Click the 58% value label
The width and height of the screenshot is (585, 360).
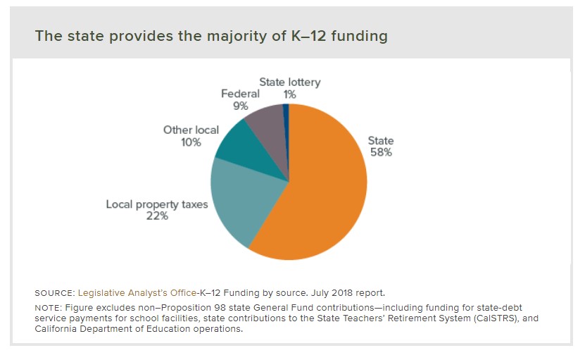click(x=381, y=152)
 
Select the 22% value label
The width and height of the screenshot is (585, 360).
click(x=157, y=216)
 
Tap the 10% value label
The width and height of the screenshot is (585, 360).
click(x=191, y=142)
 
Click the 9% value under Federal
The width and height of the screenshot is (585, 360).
click(x=241, y=106)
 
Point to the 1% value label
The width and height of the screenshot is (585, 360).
click(x=289, y=94)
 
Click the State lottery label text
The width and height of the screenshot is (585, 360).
click(x=289, y=82)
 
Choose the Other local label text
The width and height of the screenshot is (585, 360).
click(x=191, y=130)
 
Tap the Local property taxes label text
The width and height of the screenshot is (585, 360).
click(x=157, y=204)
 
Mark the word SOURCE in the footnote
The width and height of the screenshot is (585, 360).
click(x=54, y=292)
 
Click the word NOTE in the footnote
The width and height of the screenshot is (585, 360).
click(x=47, y=308)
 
